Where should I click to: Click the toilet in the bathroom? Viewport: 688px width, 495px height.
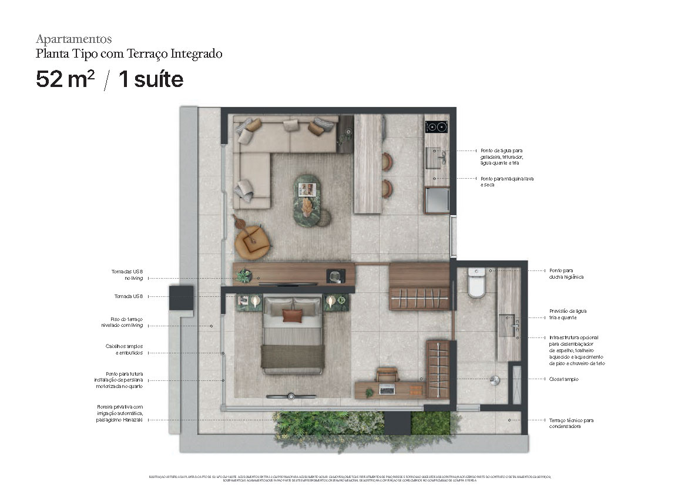click(x=476, y=283)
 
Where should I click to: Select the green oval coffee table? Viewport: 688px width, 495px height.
click(x=308, y=199)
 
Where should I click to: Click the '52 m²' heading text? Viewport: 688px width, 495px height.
click(x=65, y=79)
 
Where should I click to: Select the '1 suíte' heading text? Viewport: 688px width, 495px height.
click(x=151, y=79)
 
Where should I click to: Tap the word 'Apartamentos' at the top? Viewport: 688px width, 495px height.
click(x=73, y=39)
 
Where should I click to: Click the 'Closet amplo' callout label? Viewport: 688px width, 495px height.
click(x=563, y=379)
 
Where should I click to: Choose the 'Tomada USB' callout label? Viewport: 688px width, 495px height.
click(x=129, y=296)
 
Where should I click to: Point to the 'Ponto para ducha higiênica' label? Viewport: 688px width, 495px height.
click(x=566, y=273)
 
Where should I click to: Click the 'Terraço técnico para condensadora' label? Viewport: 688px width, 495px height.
click(x=571, y=423)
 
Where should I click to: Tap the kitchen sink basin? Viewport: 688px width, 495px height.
click(x=437, y=157)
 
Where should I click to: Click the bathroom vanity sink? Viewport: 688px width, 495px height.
click(x=508, y=324)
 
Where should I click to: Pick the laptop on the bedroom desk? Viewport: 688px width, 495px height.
click(x=387, y=388)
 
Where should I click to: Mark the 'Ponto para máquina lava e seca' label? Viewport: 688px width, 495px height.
click(x=506, y=181)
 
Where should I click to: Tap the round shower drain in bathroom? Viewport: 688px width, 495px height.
click(x=496, y=379)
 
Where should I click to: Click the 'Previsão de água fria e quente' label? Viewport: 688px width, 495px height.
click(x=567, y=314)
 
